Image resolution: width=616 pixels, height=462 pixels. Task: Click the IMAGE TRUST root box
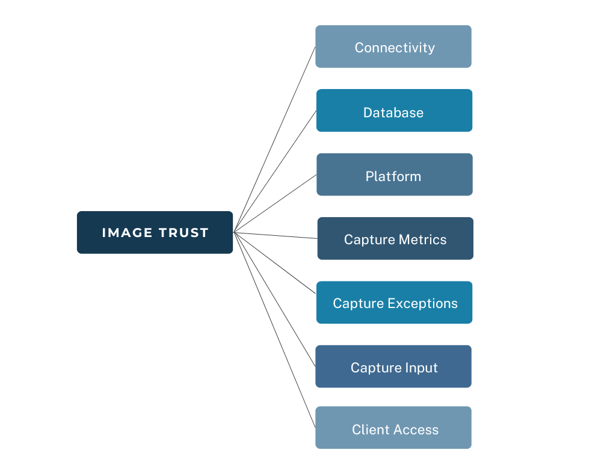tap(155, 232)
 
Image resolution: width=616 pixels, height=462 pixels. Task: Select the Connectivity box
tap(393, 46)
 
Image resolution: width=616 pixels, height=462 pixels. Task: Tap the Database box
tap(394, 111)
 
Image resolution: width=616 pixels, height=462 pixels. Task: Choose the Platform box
tap(395, 174)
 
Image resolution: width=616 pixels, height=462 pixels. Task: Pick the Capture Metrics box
tap(395, 238)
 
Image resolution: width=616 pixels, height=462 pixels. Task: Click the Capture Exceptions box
tap(394, 303)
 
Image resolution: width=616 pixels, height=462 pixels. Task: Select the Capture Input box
tap(393, 366)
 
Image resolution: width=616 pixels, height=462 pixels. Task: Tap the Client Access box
tap(393, 428)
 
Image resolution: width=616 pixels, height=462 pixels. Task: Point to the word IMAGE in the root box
tap(127, 233)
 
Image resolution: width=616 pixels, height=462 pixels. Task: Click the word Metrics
tap(422, 239)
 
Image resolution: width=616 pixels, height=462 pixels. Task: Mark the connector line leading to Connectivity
tap(274, 140)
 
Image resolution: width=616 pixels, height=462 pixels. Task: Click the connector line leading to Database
tap(274, 172)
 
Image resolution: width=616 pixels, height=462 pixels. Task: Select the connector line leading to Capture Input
tap(274, 299)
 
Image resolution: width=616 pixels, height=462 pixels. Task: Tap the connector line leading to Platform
tap(274, 203)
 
